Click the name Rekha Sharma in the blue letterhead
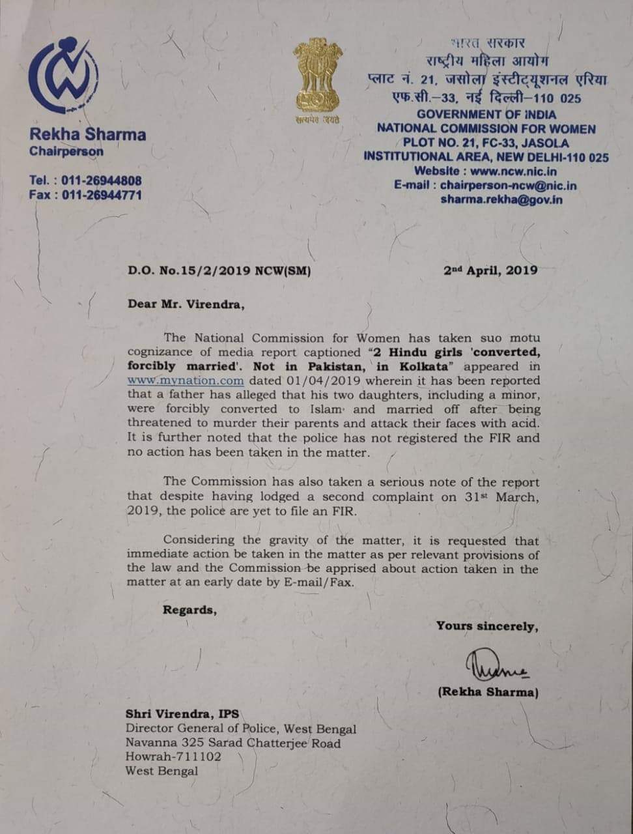click(87, 135)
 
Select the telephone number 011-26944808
click(102, 180)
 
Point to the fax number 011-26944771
click(102, 195)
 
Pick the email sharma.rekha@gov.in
click(501, 199)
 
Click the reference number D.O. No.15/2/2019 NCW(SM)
click(219, 270)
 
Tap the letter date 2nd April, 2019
click(490, 270)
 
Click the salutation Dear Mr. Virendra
click(186, 304)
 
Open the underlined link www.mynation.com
click(186, 381)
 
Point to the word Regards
click(190, 611)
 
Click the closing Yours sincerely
click(487, 626)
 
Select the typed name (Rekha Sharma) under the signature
click(488, 692)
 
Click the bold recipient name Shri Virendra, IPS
click(182, 714)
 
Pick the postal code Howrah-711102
click(173, 757)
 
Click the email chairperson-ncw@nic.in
click(508, 186)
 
